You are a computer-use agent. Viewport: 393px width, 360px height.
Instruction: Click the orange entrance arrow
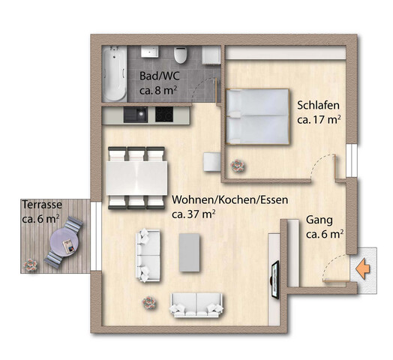[364, 265]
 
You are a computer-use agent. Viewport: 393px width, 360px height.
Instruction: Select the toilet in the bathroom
[179, 57]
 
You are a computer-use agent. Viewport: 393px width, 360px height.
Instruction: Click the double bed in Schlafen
[258, 115]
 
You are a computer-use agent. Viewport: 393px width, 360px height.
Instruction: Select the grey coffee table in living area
[190, 252]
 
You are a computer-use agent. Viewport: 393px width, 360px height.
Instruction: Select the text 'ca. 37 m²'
[194, 214]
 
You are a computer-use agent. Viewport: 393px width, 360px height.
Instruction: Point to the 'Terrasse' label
[42, 204]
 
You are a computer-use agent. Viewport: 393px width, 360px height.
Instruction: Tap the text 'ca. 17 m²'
[319, 118]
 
